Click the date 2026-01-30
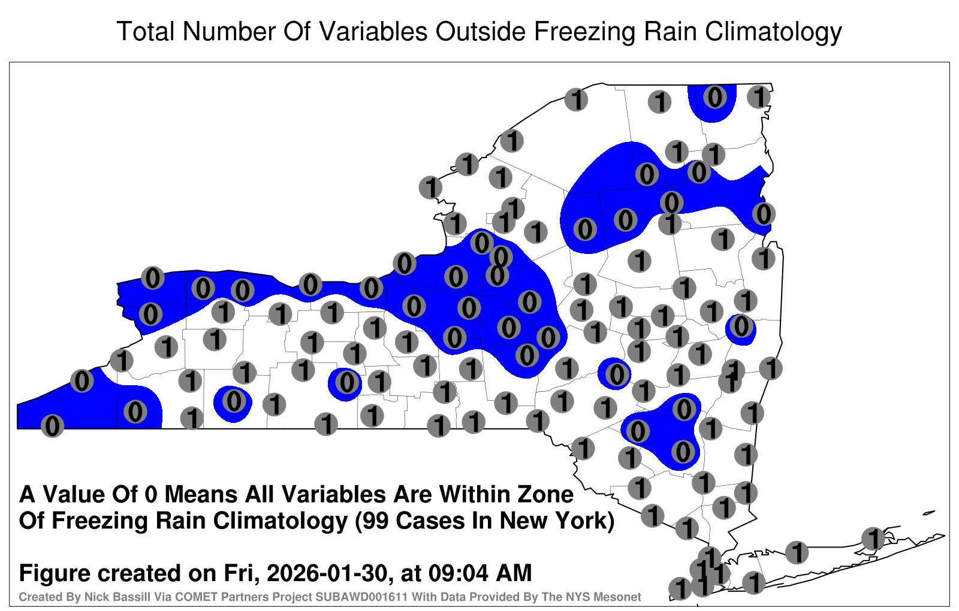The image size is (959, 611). (x=327, y=573)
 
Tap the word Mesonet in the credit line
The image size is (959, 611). (x=620, y=597)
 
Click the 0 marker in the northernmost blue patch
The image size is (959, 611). (x=714, y=96)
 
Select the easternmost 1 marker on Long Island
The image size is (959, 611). (x=873, y=539)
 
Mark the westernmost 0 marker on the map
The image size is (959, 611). (x=52, y=426)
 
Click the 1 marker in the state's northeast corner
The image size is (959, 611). (x=759, y=96)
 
